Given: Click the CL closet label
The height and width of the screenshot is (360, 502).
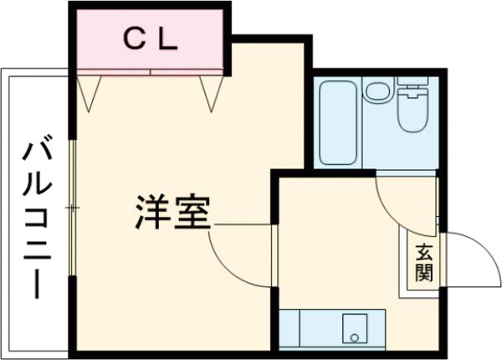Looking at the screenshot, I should pyautogui.click(x=151, y=39).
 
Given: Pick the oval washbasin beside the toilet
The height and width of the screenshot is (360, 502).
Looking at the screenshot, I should pyautogui.click(x=377, y=90).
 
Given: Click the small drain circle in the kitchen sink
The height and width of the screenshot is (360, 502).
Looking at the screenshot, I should pyautogui.click(x=354, y=338).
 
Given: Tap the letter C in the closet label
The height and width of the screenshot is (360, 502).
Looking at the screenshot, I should pyautogui.click(x=135, y=39).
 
